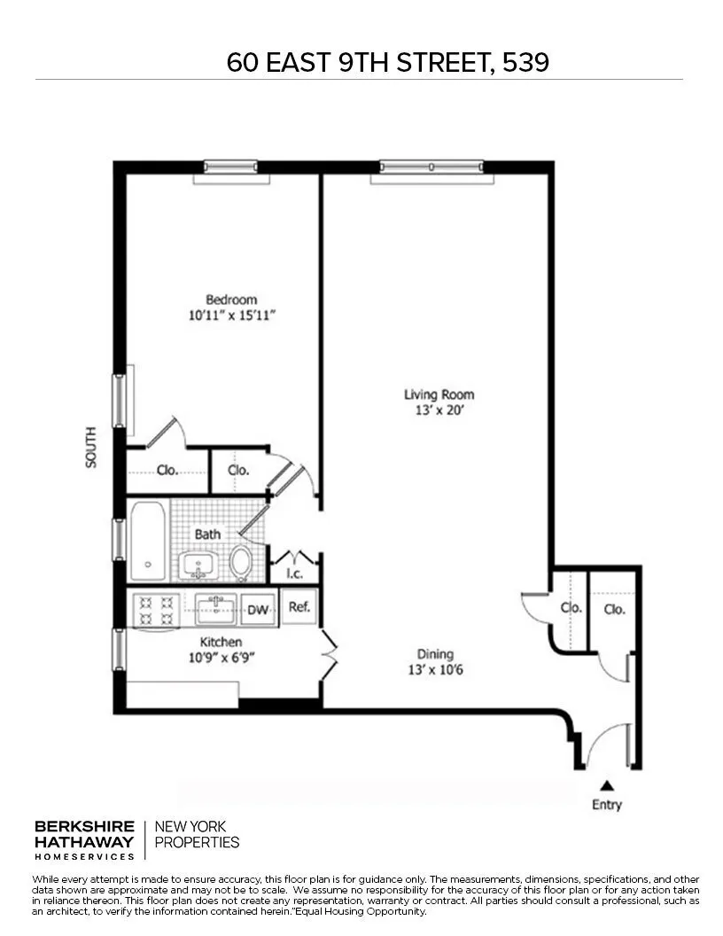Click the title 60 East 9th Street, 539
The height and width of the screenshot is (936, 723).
point(387,62)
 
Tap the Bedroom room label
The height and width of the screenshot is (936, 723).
point(231,300)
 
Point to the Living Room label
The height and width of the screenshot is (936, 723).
point(439,394)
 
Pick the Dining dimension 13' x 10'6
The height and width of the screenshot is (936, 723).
point(435,670)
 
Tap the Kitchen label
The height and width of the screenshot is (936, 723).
point(221,642)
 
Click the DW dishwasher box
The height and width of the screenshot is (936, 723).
point(258,610)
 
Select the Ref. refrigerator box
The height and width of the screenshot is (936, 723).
point(299,607)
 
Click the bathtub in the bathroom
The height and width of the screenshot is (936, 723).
point(147,541)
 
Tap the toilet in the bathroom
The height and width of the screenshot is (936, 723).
point(240,562)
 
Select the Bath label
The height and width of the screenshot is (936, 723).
point(207,534)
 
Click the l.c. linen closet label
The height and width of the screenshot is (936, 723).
point(294,573)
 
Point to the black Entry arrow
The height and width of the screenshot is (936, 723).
point(607,784)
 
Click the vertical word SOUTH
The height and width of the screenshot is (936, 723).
point(91,448)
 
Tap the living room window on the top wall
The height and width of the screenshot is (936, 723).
point(431,167)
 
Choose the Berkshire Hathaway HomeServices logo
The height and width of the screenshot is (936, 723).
point(85,839)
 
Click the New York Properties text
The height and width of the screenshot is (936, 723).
point(197,835)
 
